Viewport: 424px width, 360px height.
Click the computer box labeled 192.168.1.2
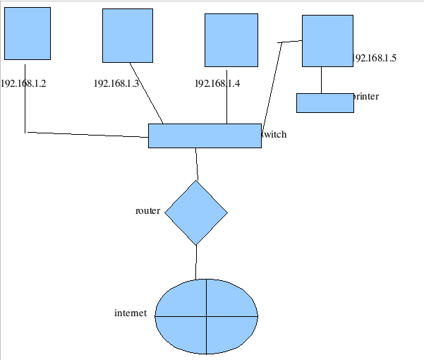pyautogui.click(x=28, y=33)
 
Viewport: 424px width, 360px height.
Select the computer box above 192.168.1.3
pyautogui.click(x=128, y=35)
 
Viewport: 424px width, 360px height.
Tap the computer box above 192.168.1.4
pyautogui.click(x=231, y=40)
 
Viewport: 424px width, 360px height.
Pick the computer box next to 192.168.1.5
pyautogui.click(x=327, y=41)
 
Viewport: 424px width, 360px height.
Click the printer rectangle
pyautogui.click(x=325, y=102)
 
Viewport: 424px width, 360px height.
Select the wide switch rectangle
pyautogui.click(x=205, y=136)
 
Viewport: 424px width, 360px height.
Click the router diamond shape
pyautogui.click(x=196, y=212)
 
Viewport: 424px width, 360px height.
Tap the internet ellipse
pyautogui.click(x=206, y=316)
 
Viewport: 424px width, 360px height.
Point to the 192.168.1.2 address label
pyautogui.click(x=23, y=83)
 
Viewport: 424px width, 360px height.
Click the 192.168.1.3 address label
pyautogui.click(x=116, y=83)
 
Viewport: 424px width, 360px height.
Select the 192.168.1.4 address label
pyautogui.click(x=217, y=83)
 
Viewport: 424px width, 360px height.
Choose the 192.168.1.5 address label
pyautogui.click(x=375, y=58)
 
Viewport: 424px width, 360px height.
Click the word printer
pyautogui.click(x=366, y=96)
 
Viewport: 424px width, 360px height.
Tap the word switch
pyautogui.click(x=274, y=134)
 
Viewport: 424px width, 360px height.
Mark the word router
pyautogui.click(x=147, y=210)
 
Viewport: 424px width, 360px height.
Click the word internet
pyautogui.click(x=131, y=313)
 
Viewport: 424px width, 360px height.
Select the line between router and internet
pyautogui.click(x=196, y=262)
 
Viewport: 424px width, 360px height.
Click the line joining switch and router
pyautogui.click(x=197, y=164)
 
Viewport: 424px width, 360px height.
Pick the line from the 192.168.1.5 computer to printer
pyautogui.click(x=322, y=80)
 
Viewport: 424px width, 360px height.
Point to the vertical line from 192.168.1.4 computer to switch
pyautogui.click(x=226, y=96)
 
